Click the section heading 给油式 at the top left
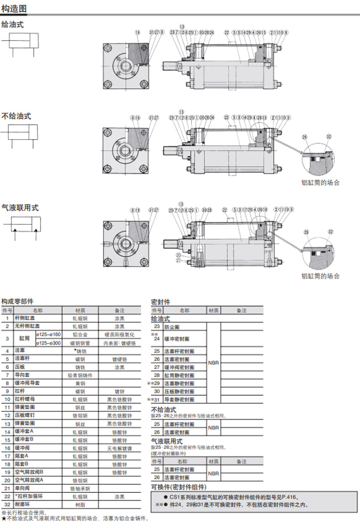(x=12, y=25)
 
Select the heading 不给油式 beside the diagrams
(x=16, y=116)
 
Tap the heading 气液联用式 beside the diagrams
(x=20, y=207)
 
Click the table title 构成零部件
(x=17, y=301)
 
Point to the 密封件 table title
(x=160, y=302)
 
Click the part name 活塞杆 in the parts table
(x=21, y=359)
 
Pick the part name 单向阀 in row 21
(x=21, y=488)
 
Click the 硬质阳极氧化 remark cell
(x=119, y=335)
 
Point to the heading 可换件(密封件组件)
(x=175, y=487)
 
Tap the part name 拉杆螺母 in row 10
(x=23, y=399)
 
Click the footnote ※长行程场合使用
(x=25, y=512)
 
